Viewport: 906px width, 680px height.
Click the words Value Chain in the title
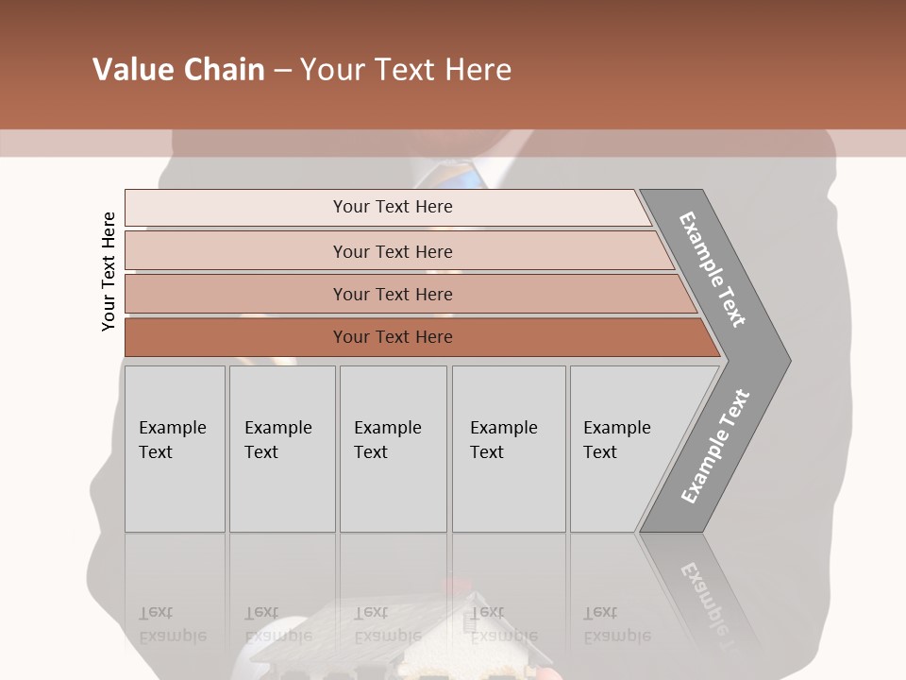point(178,70)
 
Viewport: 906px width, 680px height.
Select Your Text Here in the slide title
point(406,70)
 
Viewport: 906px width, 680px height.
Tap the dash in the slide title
point(282,71)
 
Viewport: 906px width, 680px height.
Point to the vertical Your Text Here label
point(109,271)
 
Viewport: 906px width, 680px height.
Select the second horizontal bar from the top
point(392,251)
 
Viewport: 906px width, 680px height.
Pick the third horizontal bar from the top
point(392,294)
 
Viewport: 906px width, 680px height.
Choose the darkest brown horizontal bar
point(392,337)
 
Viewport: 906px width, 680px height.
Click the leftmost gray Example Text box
point(175,449)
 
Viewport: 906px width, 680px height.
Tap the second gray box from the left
point(282,449)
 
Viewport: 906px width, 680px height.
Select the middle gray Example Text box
point(393,449)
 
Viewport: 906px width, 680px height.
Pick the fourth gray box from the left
point(509,449)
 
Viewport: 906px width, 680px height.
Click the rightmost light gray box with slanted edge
point(628,449)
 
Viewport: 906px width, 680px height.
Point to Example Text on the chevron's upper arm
point(713,269)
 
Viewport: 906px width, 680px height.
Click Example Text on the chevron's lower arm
point(715,446)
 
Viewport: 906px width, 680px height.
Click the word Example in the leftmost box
point(172,428)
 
